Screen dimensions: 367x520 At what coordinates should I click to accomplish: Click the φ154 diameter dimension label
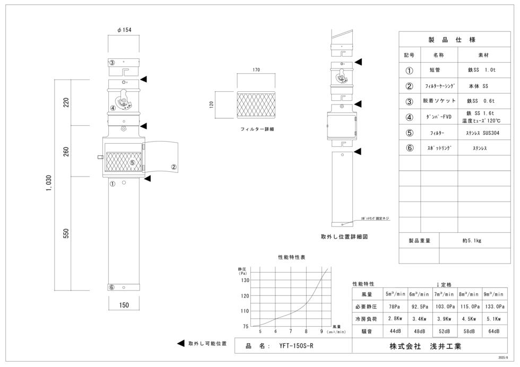[x=124, y=30]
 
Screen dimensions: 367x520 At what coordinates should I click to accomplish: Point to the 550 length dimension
[x=66, y=234]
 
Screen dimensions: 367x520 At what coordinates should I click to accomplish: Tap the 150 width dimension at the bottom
[x=124, y=305]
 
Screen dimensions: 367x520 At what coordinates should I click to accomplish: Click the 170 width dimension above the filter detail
[x=256, y=69]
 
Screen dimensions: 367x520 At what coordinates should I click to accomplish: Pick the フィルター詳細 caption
[x=257, y=129]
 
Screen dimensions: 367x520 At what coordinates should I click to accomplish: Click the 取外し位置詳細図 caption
[x=344, y=237]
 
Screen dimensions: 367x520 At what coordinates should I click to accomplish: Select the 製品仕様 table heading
[x=452, y=40]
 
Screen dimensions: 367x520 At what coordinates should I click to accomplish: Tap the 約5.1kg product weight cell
[x=471, y=240]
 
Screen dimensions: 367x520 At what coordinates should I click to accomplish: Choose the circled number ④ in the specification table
[x=409, y=118]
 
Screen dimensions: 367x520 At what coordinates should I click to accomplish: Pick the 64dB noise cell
[x=494, y=331]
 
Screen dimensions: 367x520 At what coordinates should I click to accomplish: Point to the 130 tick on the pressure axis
[x=245, y=279]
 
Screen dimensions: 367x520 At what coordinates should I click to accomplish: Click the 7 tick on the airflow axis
[x=291, y=331]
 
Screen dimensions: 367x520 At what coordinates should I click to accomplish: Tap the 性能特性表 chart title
[x=292, y=257]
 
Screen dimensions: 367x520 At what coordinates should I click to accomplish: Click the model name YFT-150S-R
[x=296, y=346]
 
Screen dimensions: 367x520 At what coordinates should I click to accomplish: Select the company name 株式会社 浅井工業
[x=425, y=346]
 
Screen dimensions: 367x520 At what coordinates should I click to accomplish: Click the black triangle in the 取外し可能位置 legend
[x=181, y=344]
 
